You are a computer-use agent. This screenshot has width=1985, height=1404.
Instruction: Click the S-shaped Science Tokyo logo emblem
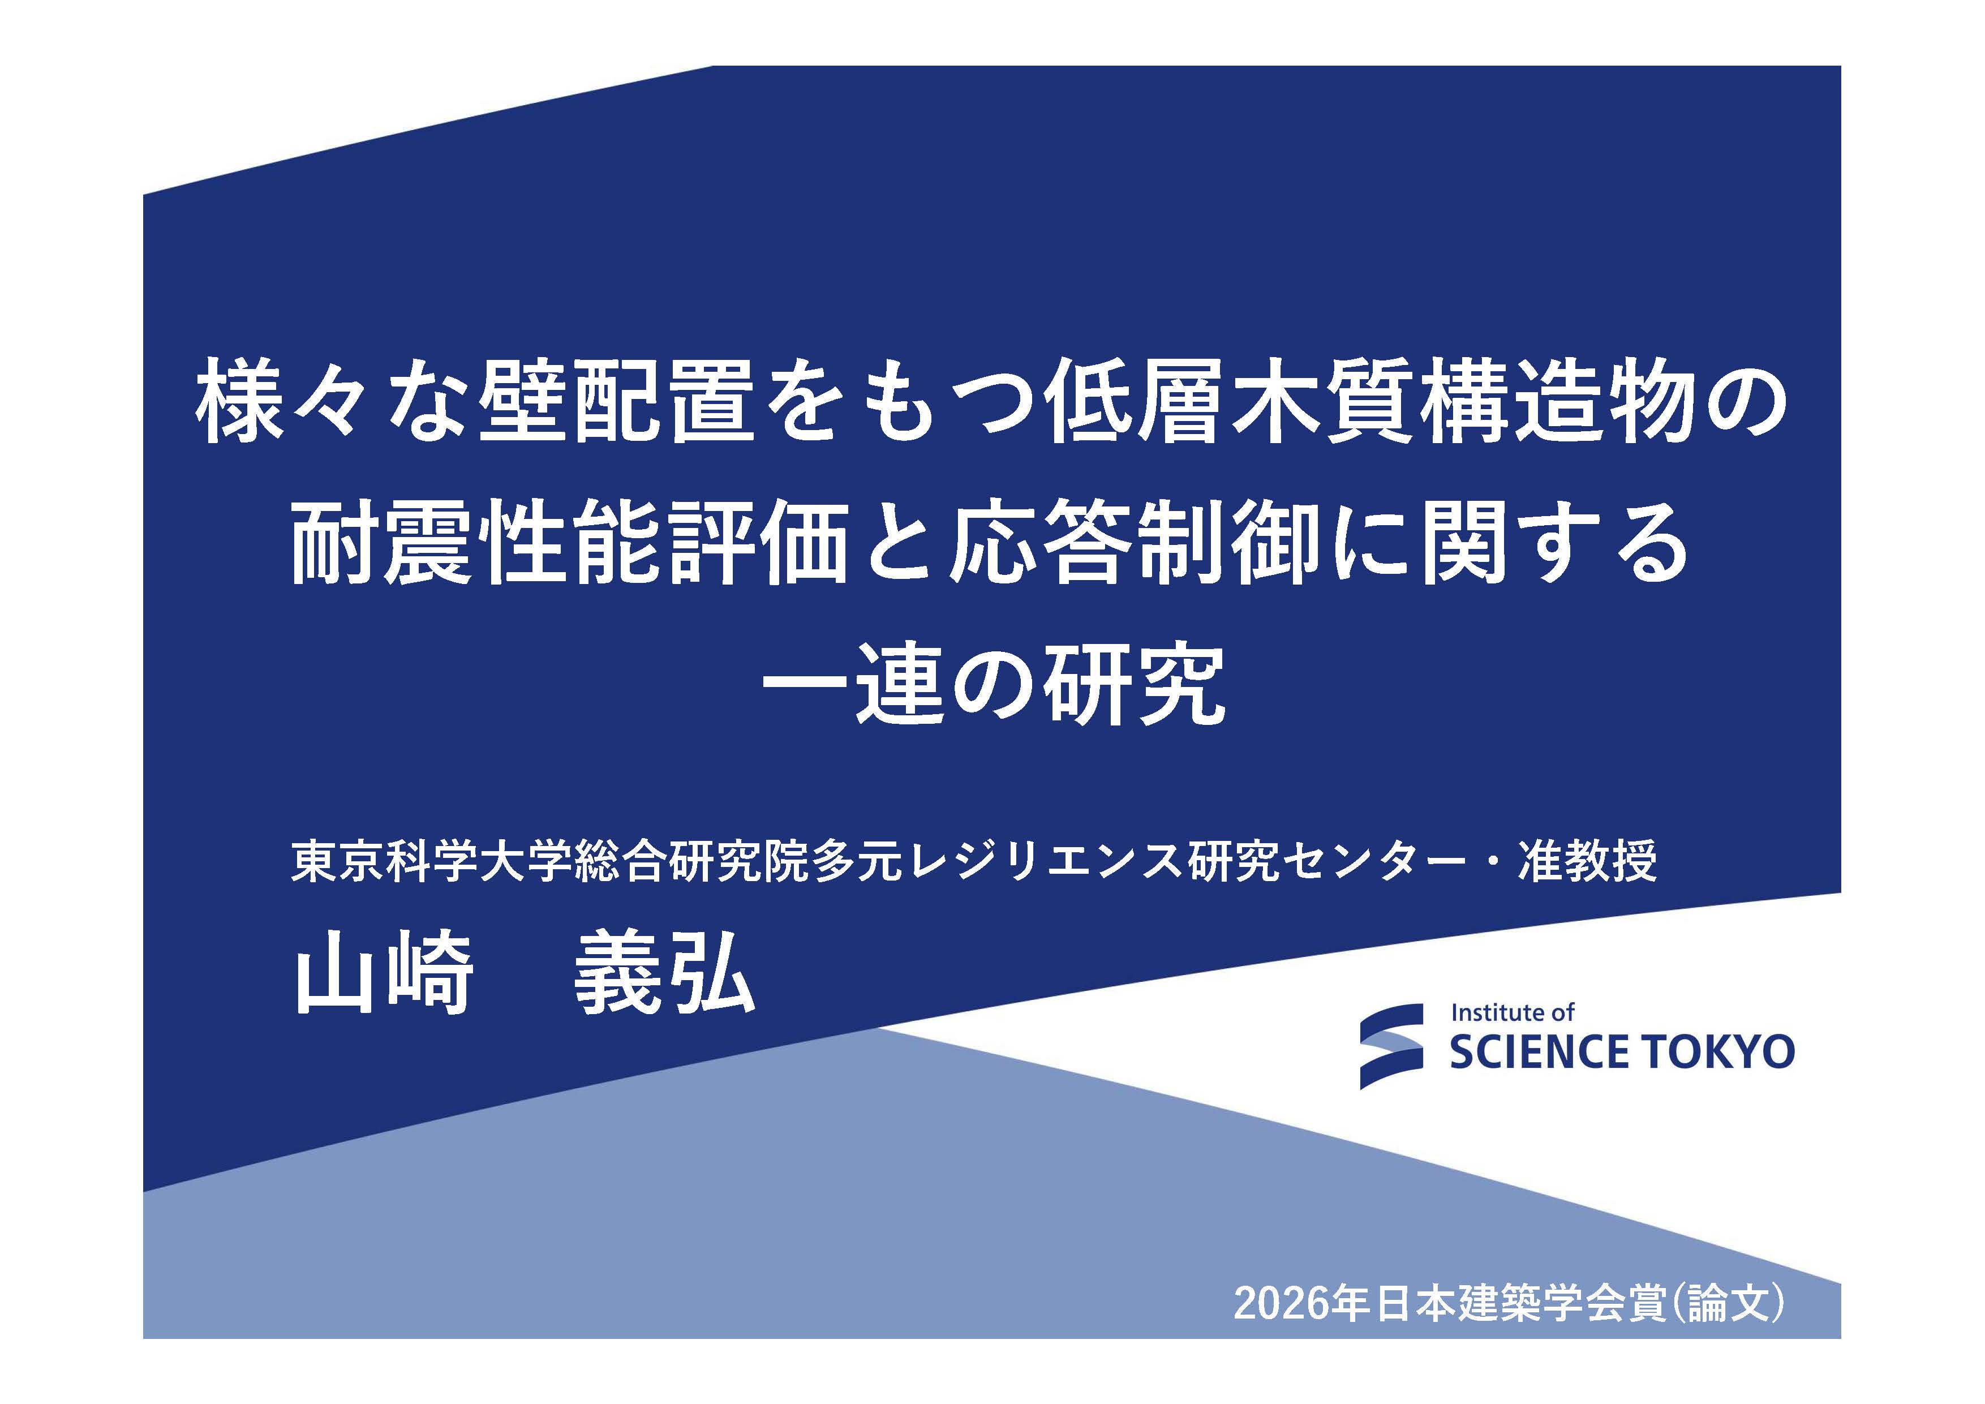pyautogui.click(x=1391, y=1046)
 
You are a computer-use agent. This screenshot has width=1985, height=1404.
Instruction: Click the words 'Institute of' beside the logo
pyautogui.click(x=1512, y=1012)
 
